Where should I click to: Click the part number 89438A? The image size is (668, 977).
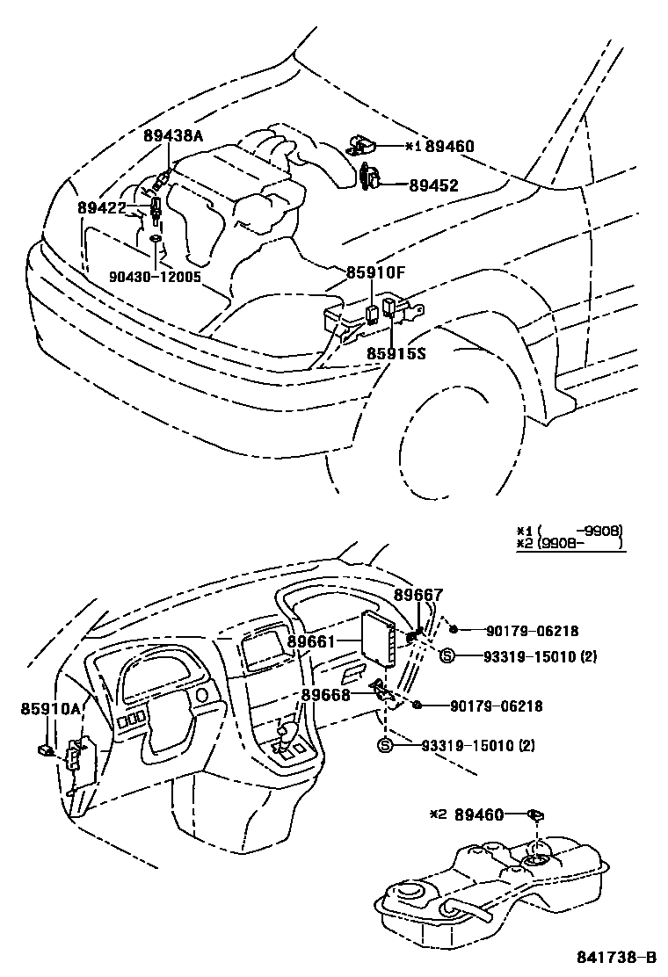click(173, 136)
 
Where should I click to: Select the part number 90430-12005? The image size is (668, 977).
click(155, 276)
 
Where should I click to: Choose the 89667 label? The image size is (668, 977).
click(418, 595)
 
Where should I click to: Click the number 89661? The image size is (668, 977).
click(312, 641)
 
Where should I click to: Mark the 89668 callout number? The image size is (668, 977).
click(326, 694)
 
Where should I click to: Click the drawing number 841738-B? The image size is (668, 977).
click(616, 957)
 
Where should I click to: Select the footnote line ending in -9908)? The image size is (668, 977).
click(570, 531)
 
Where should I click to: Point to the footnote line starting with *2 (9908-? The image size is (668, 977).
click(570, 545)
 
